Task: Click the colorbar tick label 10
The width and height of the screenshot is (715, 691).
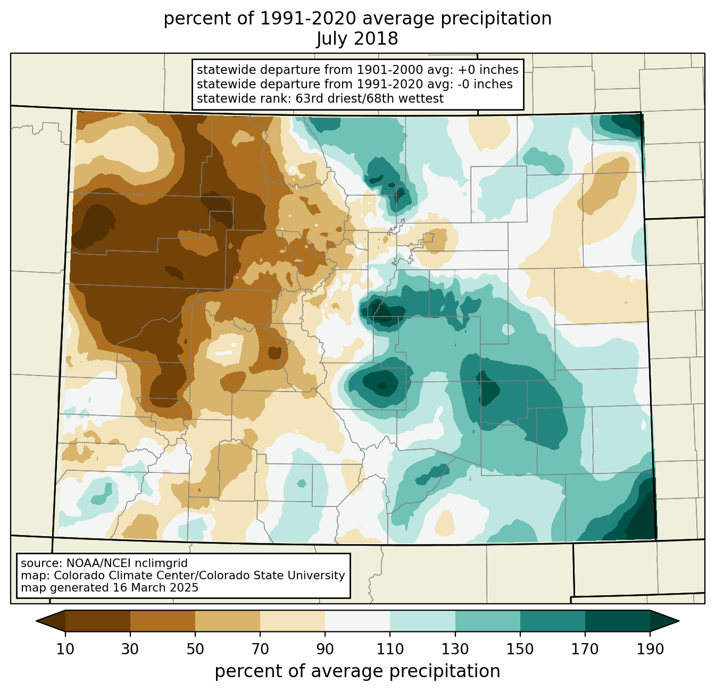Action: coord(65,649)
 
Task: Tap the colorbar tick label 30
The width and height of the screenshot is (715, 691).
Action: coord(130,649)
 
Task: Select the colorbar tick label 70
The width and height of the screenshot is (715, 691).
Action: coord(260,649)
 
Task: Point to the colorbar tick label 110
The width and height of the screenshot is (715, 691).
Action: coord(390,649)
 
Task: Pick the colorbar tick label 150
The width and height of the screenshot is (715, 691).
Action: coord(520,649)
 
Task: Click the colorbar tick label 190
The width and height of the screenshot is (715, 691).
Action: coord(650,649)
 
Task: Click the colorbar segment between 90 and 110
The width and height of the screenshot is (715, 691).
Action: coord(358,621)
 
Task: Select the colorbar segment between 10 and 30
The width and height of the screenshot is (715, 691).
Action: coord(98,621)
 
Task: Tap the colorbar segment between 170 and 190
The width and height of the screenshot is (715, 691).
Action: coord(617,621)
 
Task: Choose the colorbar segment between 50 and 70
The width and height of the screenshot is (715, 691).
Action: coord(228,621)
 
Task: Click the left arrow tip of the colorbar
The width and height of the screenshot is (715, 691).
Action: coord(36,621)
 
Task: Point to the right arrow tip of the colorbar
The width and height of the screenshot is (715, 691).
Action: coord(679,621)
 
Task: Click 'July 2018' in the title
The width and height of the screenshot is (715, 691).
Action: coord(357,38)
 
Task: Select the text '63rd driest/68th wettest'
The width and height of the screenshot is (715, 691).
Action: coord(370,98)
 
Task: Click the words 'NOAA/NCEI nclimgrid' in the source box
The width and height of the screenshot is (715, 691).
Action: coord(127,563)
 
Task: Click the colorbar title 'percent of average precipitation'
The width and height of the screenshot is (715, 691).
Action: coord(357,671)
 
